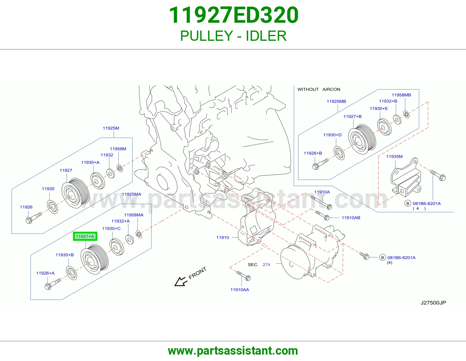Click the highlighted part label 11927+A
pyautogui.click(x=85, y=236)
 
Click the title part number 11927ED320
pyautogui.click(x=234, y=15)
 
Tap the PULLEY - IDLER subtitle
pyautogui.click(x=233, y=36)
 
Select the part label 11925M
pyautogui.click(x=111, y=128)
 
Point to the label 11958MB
pyautogui.click(x=401, y=95)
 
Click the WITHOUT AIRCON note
pyautogui.click(x=319, y=89)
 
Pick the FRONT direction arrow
pyautogui.click(x=181, y=281)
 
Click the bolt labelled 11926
pyautogui.click(x=34, y=218)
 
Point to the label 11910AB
pyautogui.click(x=351, y=217)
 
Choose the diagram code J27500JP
pyautogui.click(x=433, y=302)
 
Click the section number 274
pyautogui.click(x=266, y=265)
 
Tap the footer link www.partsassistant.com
pyautogui.click(x=233, y=351)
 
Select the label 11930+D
pyautogui.click(x=332, y=135)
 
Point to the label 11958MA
pyautogui.click(x=134, y=215)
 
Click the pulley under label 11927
pyautogui.click(x=75, y=193)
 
